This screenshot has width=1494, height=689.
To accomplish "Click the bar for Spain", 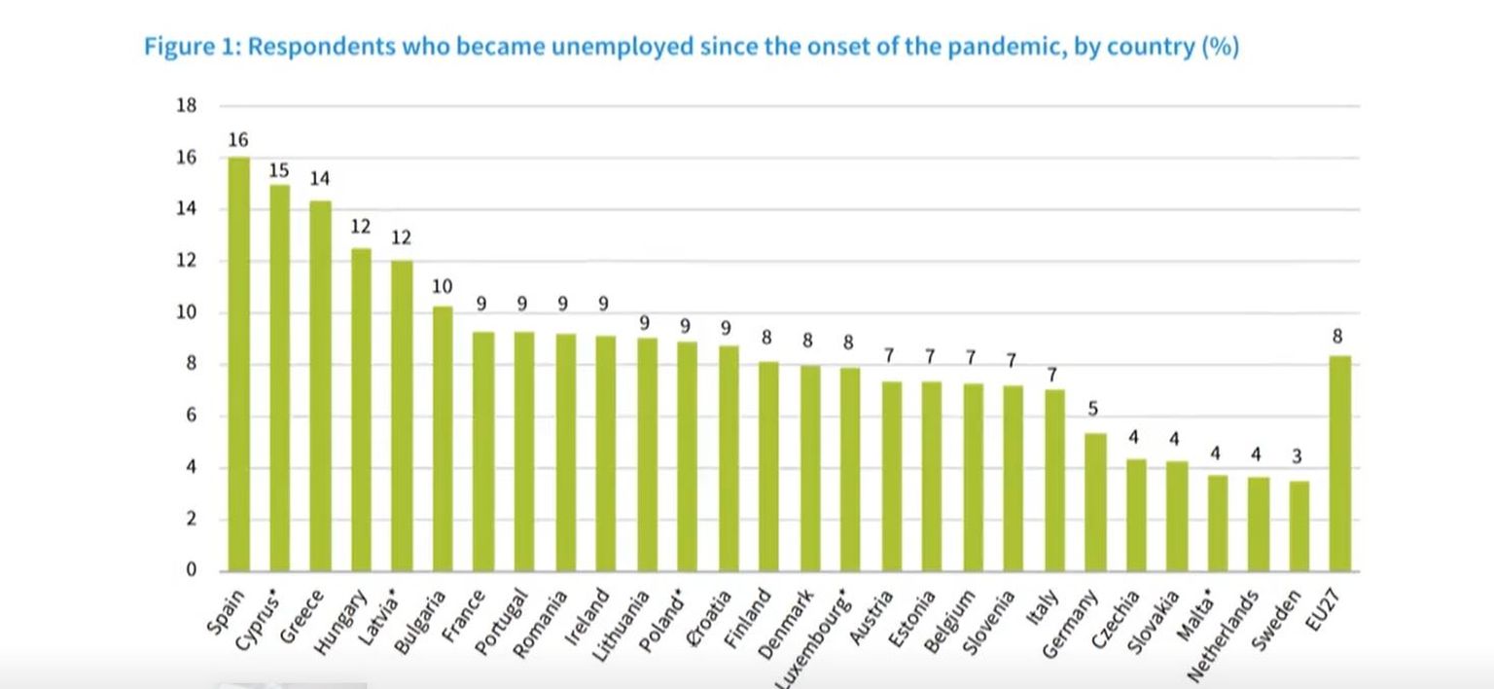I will [238, 364].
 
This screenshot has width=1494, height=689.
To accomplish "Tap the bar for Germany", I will [1095, 502].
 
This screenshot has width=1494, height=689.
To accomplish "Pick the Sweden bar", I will [1298, 526].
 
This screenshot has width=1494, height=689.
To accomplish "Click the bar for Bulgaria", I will [443, 438].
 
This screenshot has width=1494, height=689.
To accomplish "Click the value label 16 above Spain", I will [238, 140].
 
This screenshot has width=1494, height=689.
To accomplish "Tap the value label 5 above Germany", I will [1093, 410].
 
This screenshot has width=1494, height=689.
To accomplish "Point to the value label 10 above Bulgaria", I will [443, 286].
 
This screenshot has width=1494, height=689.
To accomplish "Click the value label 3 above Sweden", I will [1298, 455].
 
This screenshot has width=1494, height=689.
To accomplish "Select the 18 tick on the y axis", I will [186, 106].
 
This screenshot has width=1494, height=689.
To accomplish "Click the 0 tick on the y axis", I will [192, 570].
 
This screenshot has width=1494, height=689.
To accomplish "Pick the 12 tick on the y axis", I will [186, 261].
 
